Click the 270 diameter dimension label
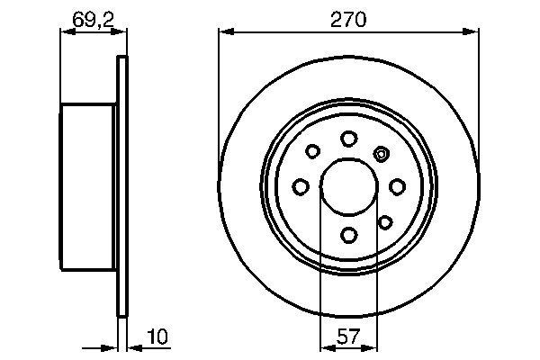tap(348, 18)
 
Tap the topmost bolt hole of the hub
tap(348, 138)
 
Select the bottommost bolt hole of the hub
tap(348, 236)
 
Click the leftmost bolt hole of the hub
tap(300, 187)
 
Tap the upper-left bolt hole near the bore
tap(313, 152)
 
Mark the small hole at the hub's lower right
tap(385, 221)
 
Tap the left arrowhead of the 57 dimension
tap(327, 348)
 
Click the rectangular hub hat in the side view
tap(88, 186)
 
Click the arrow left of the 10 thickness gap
tap(112, 347)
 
